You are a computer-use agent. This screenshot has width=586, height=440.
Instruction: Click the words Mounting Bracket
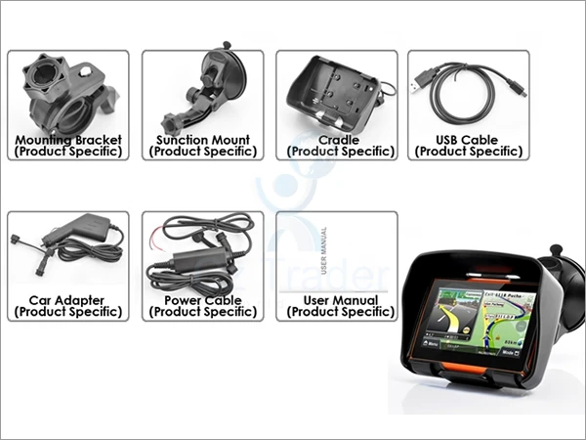coord(67,140)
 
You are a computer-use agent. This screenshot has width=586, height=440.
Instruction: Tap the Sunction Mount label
coord(203,140)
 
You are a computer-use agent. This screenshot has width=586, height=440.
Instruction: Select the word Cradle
coord(338,140)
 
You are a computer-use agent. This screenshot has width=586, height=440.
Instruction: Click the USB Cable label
coord(468,140)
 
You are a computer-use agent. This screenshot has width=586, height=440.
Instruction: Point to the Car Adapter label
coord(67,300)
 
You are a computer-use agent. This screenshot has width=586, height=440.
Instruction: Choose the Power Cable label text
coord(203,300)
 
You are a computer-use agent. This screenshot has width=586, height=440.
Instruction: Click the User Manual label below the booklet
coord(338,300)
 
